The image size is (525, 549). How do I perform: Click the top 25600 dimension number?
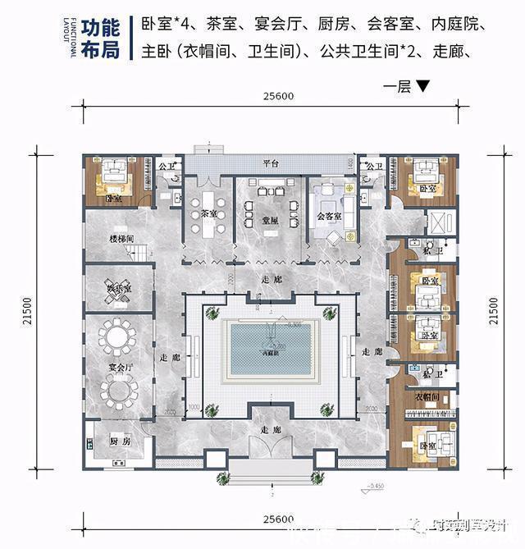pyautogui.click(x=279, y=96)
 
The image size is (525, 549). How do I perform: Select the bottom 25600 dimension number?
pyautogui.click(x=279, y=519)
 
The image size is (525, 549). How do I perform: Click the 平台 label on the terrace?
pyautogui.click(x=272, y=164)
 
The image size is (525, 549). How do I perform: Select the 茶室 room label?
pyautogui.click(x=208, y=212)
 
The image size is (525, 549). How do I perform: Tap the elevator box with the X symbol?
pyautogui.click(x=437, y=222)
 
